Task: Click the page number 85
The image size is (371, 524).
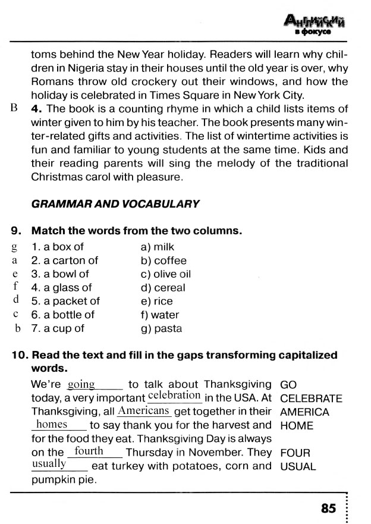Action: (328, 509)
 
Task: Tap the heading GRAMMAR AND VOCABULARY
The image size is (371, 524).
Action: (115, 203)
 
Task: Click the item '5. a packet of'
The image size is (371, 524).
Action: (65, 301)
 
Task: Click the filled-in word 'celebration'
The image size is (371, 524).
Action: (174, 396)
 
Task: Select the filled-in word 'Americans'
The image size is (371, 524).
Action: (144, 411)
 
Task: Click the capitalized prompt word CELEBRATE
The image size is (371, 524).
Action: (311, 399)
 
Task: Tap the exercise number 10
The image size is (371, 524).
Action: (20, 355)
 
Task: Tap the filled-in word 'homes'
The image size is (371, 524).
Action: (52, 425)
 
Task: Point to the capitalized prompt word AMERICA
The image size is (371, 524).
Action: (304, 412)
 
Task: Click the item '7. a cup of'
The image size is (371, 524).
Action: (58, 328)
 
